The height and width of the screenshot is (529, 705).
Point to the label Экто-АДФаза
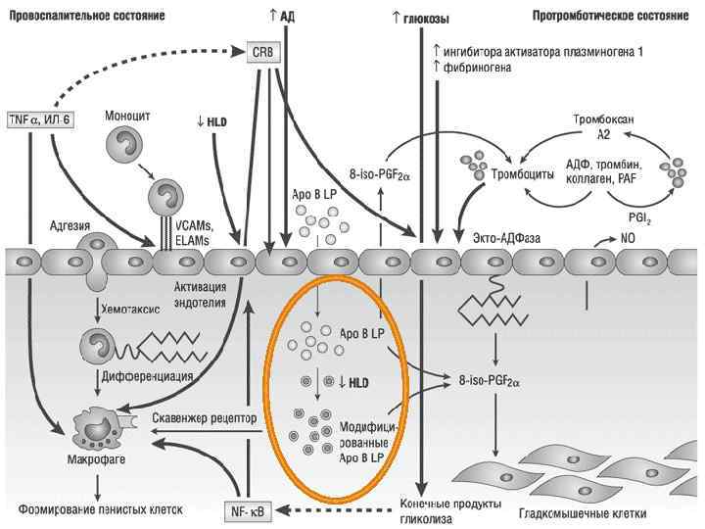point(507,238)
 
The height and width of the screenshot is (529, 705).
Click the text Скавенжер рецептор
point(205,418)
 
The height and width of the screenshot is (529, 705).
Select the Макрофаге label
point(95,457)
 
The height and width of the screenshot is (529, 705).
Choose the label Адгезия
point(70,226)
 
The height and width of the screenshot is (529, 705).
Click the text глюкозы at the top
point(425,18)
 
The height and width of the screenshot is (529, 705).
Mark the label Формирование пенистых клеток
point(95,510)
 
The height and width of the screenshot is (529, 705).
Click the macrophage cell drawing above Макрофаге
point(98,426)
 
